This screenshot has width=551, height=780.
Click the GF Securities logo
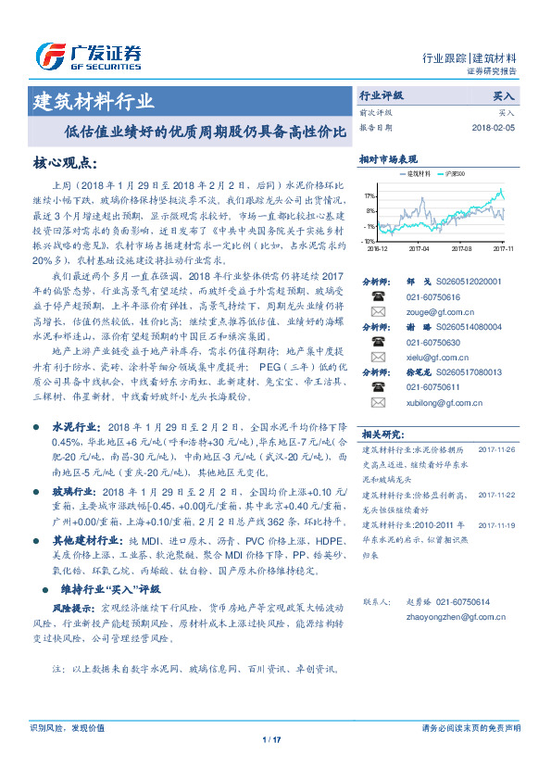coord(87,57)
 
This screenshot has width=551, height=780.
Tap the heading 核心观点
coord(65,163)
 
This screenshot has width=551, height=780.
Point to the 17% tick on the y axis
coord(369,197)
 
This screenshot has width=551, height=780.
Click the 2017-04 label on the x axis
coord(420,248)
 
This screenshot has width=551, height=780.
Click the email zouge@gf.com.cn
coord(427,312)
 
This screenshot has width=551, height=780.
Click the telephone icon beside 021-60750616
coord(377,296)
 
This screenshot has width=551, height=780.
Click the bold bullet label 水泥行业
coord(74,429)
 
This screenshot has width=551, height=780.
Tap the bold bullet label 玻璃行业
coord(74,492)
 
